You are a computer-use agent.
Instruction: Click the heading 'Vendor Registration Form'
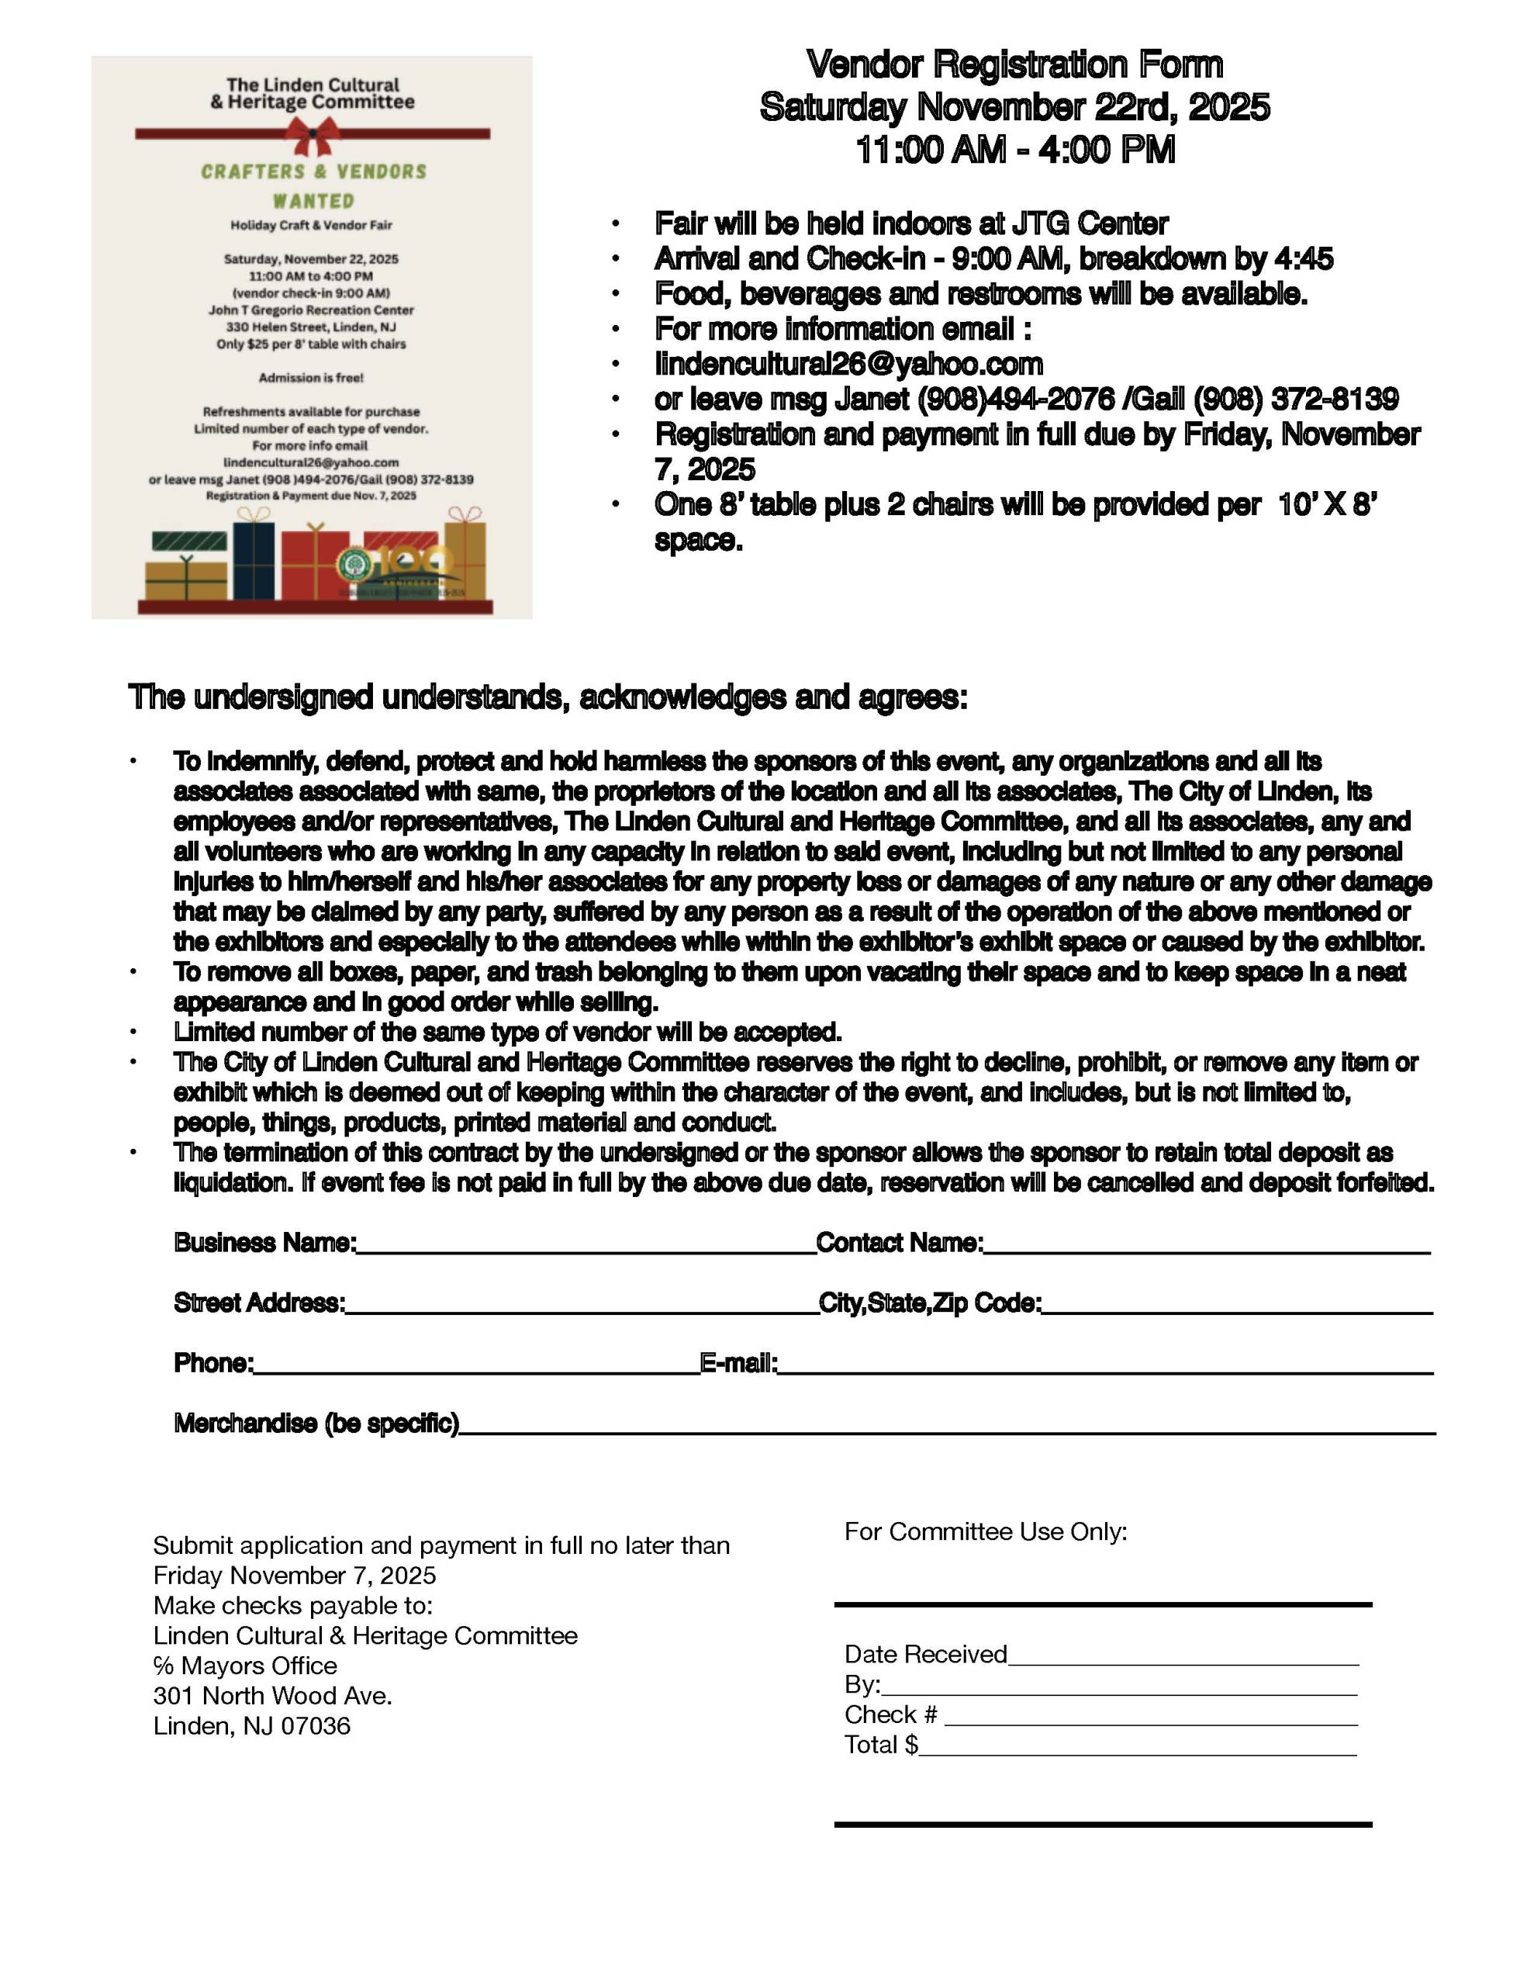tap(1014, 64)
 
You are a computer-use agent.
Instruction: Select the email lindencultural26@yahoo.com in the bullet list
tap(848, 364)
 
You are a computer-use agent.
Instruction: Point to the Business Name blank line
tap(586, 1246)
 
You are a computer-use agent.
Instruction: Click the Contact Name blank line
tap(1207, 1246)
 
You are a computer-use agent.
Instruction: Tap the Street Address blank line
tap(582, 1306)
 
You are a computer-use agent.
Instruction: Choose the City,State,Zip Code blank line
tap(1237, 1306)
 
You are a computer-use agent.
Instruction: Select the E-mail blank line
tap(1105, 1366)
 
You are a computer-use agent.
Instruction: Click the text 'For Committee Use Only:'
tap(986, 1532)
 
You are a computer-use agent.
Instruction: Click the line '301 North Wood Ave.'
tap(273, 1696)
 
